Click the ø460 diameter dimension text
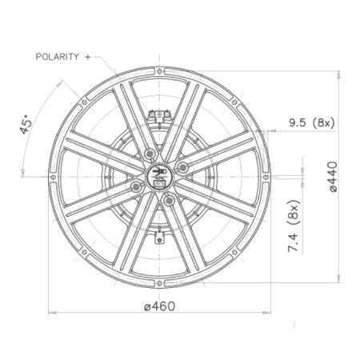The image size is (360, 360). point(160,306)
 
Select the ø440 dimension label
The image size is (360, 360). point(333,177)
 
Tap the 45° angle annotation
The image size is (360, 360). point(26,124)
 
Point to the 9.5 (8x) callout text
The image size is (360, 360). point(311,122)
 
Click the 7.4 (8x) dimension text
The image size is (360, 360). point(294,226)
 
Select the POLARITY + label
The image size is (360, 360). point(63,57)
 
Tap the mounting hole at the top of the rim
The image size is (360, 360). point(159,71)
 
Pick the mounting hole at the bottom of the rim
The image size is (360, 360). point(159,283)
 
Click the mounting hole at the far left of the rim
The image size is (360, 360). point(54,177)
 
